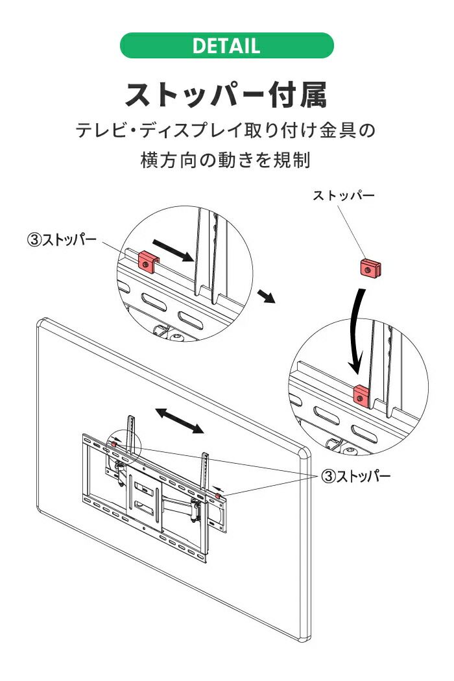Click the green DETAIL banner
226,46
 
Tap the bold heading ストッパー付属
226,94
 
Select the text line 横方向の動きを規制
226,160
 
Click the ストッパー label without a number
343,196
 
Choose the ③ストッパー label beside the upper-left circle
62,239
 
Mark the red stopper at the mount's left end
114,442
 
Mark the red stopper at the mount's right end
217,496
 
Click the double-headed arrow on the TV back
180,421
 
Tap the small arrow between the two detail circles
267,297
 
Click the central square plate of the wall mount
145,494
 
